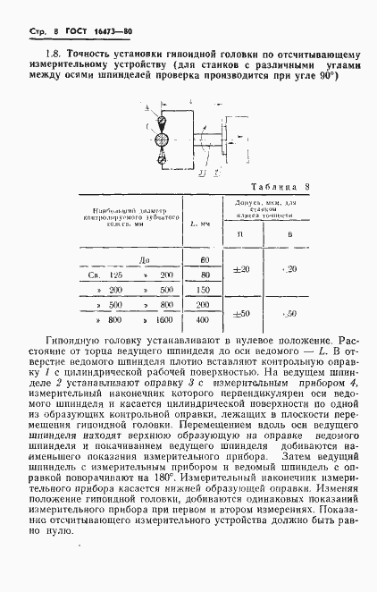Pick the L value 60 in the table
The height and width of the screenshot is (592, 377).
[205, 259]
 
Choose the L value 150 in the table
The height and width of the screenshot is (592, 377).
[205, 290]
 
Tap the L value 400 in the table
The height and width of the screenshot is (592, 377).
[205, 319]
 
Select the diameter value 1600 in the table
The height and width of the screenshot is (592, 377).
[163, 319]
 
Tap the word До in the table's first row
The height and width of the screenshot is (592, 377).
[134, 259]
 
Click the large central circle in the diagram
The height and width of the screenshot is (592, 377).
[162, 140]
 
